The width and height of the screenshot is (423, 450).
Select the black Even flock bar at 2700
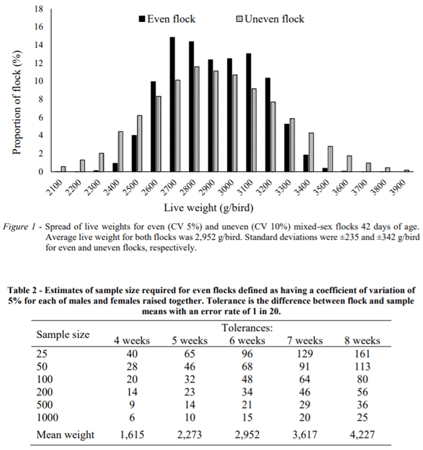pyautogui.click(x=172, y=104)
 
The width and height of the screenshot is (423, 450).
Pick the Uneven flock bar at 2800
pyautogui.click(x=197, y=119)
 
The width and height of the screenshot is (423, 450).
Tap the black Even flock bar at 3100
pyautogui.click(x=248, y=113)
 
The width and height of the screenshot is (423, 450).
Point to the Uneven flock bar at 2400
pyautogui.click(x=121, y=151)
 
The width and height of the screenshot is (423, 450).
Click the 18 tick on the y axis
pyautogui.click(x=39, y=9)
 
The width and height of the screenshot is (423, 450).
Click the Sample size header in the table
pyautogui.click(x=63, y=334)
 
